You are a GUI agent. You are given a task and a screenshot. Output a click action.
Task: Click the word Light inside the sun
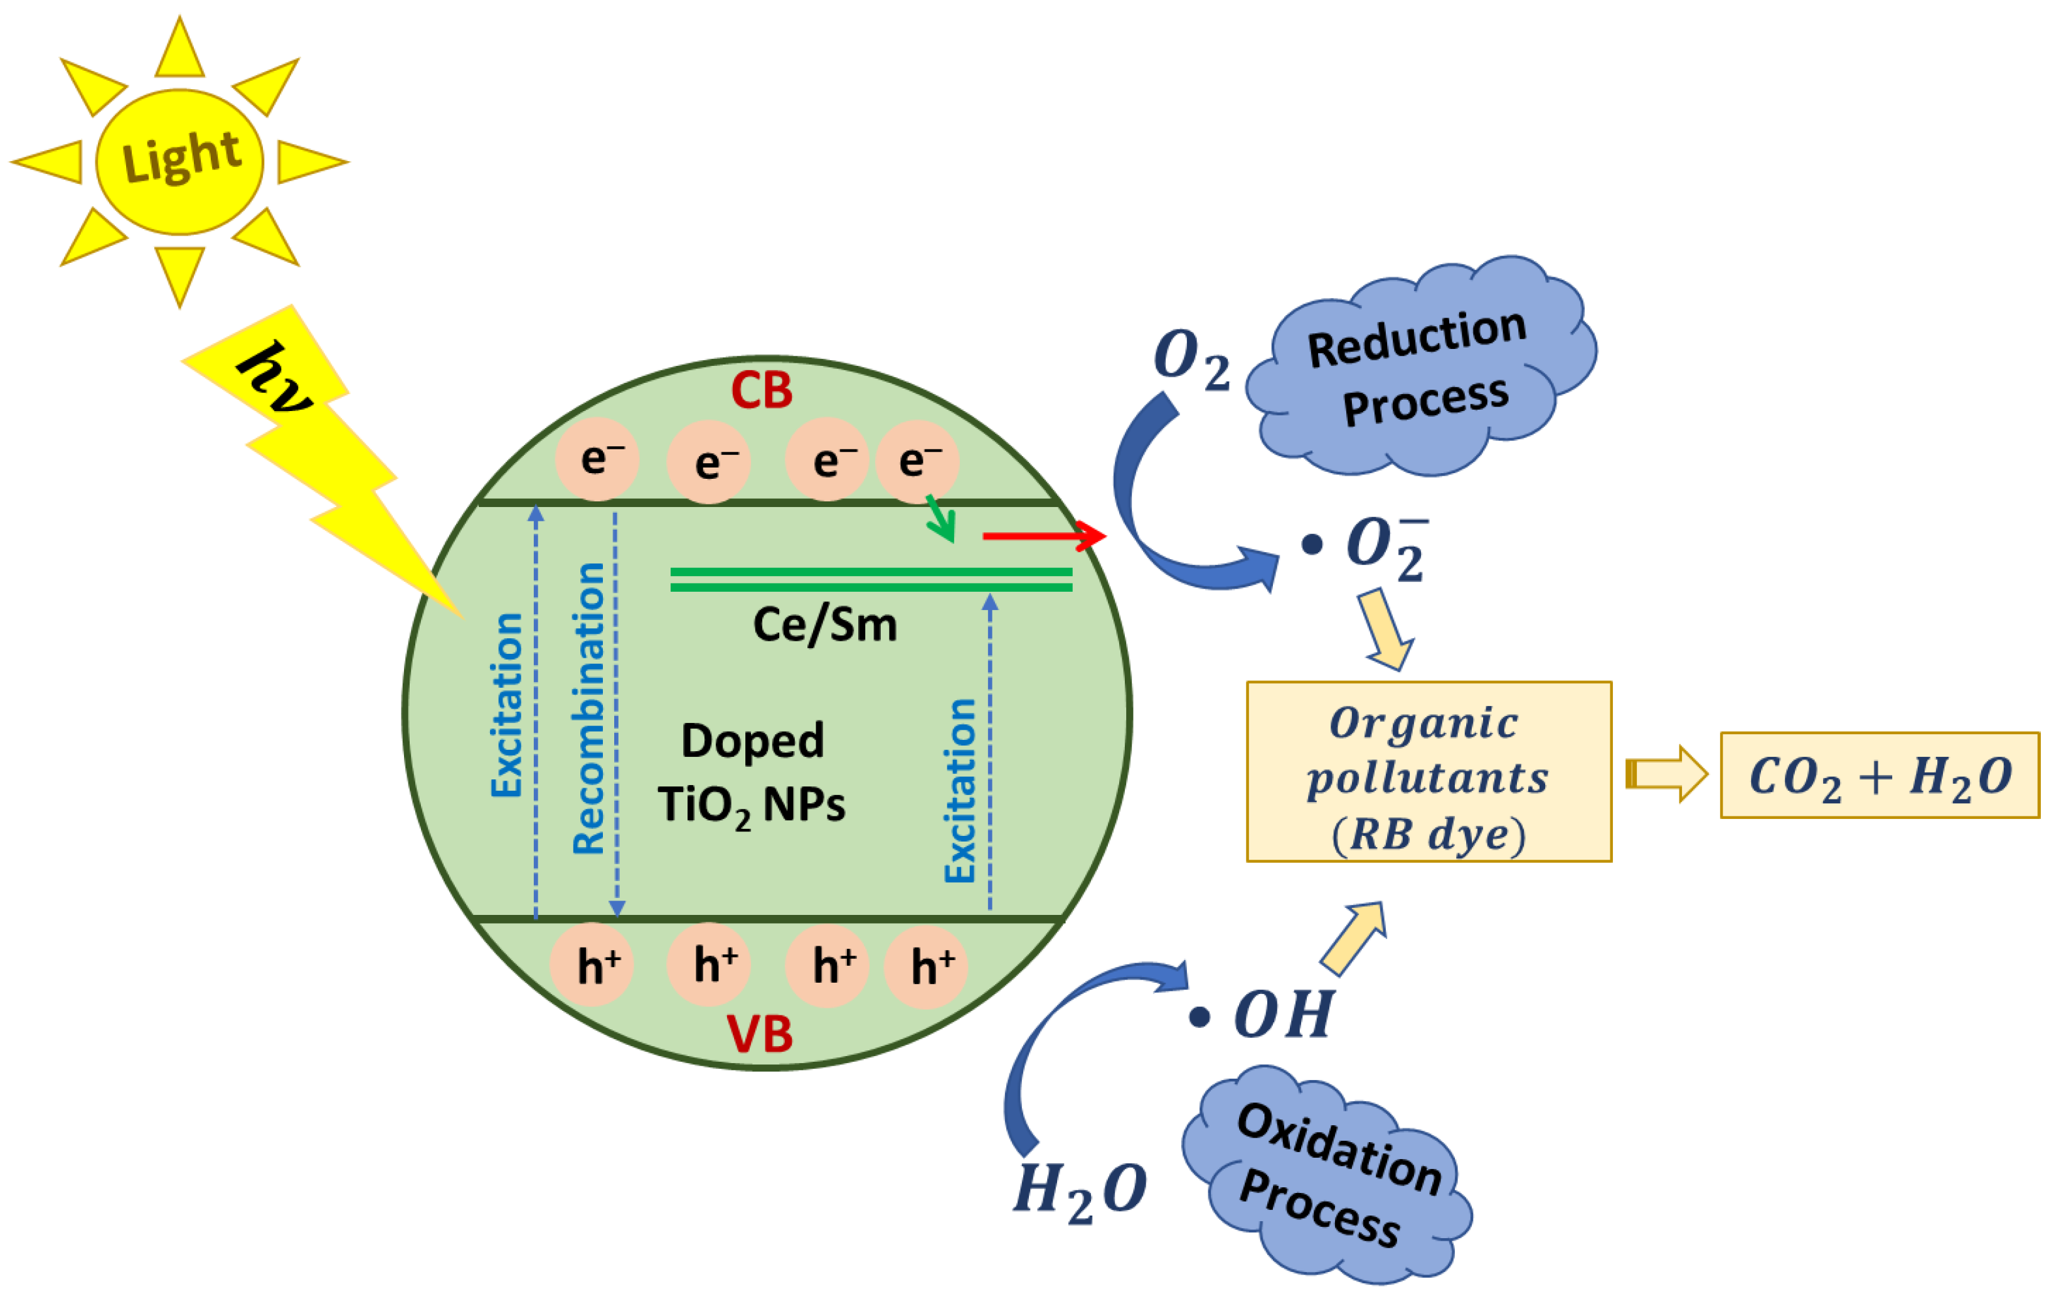tap(181, 158)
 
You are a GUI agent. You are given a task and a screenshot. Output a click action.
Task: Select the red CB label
tap(761, 391)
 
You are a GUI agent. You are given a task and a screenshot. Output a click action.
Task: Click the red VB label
tap(759, 1035)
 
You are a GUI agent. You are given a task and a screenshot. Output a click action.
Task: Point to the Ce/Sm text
tap(824, 625)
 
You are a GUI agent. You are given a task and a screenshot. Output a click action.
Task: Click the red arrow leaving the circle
tap(1043, 536)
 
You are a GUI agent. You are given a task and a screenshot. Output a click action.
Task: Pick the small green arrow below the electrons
tap(940, 519)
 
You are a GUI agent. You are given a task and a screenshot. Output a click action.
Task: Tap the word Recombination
tap(589, 708)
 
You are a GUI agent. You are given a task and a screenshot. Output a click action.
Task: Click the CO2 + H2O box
tap(1880, 776)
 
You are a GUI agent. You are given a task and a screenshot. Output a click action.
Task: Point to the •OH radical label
tap(1265, 1015)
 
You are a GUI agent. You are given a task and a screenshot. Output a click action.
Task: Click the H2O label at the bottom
tap(1079, 1191)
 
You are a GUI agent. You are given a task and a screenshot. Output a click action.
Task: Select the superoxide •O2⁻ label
tap(1368, 547)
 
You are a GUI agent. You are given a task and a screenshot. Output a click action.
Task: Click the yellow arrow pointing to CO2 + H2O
tap(1666, 774)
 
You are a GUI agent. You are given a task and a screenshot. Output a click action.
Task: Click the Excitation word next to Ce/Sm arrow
tap(960, 791)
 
